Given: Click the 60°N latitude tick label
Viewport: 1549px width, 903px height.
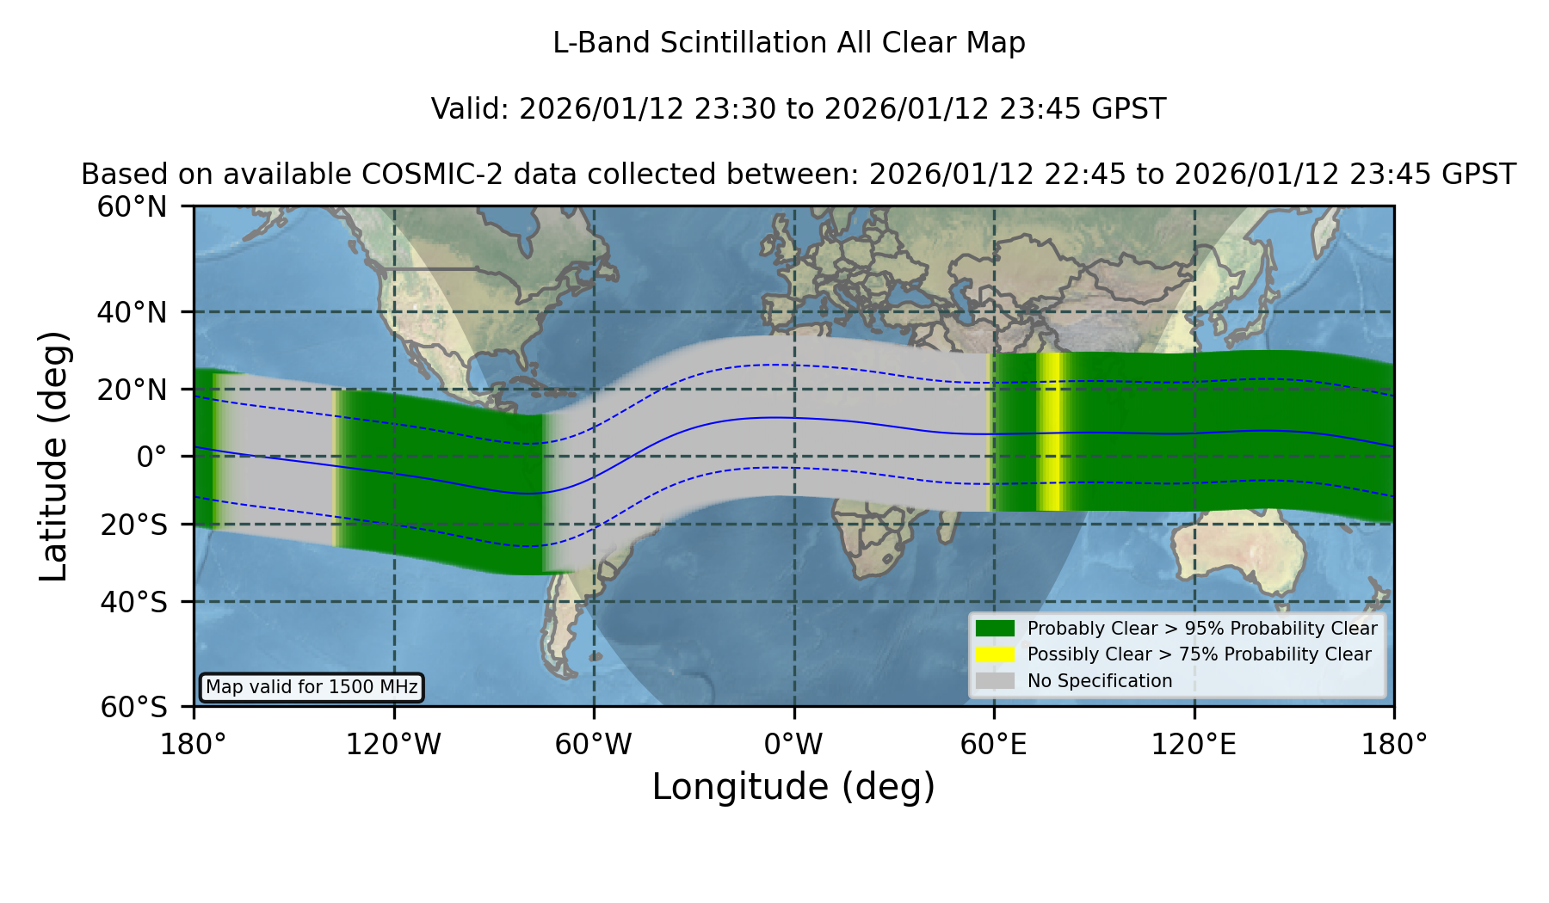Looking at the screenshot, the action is pyautogui.click(x=132, y=207).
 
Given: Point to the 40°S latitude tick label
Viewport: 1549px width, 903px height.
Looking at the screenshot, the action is pyautogui.click(x=133, y=602).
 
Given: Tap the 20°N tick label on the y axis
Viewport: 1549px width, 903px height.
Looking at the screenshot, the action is pyautogui.click(x=132, y=390).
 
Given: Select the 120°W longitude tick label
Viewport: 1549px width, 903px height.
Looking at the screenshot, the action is pyautogui.click(x=393, y=745).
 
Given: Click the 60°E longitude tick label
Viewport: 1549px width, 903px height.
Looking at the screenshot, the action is pyautogui.click(x=994, y=745).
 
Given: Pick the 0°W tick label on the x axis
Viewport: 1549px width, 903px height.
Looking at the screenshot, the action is pyautogui.click(x=793, y=745).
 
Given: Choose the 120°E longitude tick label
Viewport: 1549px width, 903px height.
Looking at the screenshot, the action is pyautogui.click(x=1194, y=745).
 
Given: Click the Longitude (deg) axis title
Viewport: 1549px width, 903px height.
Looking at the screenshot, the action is pyautogui.click(x=793, y=787).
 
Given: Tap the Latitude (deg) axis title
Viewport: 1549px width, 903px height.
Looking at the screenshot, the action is pyautogui.click(x=54, y=456).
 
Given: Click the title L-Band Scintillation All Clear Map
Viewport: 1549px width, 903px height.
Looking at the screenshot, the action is pyautogui.click(x=789, y=43).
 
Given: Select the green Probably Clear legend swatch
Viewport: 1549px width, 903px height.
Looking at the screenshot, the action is pyautogui.click(x=995, y=629).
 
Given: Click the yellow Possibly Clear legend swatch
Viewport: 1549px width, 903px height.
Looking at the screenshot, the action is pyautogui.click(x=995, y=654).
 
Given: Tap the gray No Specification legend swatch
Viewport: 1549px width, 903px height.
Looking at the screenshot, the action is pyautogui.click(x=995, y=681).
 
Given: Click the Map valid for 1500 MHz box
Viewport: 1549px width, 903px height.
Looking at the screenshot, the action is pyautogui.click(x=312, y=687).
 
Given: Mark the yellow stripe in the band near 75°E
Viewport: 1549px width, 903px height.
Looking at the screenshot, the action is pyautogui.click(x=1052, y=432).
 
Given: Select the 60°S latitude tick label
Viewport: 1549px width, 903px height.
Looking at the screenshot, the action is pyautogui.click(x=133, y=707).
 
